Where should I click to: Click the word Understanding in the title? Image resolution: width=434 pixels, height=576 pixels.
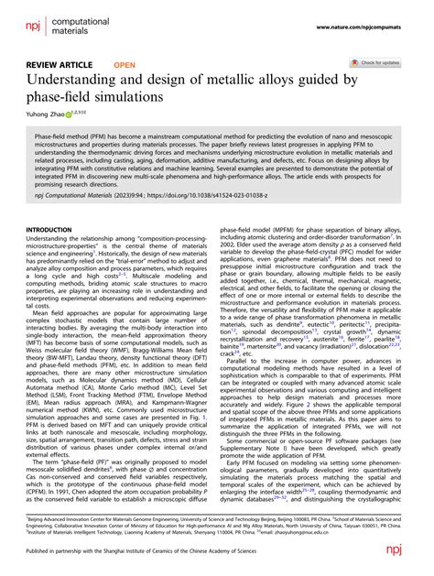[71, 82]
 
